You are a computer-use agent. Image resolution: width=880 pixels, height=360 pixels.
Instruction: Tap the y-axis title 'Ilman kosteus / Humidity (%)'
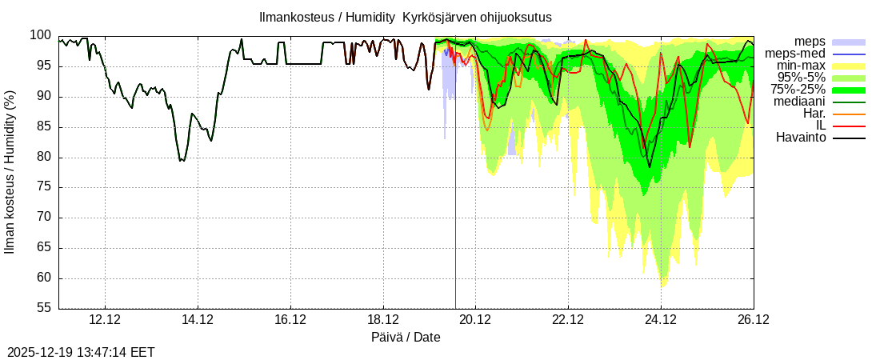click(10, 172)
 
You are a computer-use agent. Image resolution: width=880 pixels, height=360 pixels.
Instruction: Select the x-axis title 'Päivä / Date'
click(406, 337)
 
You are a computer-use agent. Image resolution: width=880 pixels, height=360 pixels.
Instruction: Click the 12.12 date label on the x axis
click(106, 320)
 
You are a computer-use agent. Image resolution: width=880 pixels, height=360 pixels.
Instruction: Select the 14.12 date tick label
click(198, 320)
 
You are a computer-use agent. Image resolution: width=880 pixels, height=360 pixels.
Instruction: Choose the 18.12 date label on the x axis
click(383, 320)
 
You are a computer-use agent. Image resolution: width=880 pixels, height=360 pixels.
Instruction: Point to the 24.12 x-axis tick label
click(661, 320)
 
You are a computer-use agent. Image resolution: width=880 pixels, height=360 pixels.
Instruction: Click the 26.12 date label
click(753, 320)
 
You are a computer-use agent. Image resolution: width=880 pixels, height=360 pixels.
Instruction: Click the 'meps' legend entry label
click(810, 42)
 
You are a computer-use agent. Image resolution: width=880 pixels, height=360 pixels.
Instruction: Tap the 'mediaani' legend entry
click(800, 102)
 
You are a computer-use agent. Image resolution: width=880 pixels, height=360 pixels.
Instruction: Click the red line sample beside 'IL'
click(849, 126)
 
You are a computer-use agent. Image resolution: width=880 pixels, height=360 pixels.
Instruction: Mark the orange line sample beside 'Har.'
click(849, 114)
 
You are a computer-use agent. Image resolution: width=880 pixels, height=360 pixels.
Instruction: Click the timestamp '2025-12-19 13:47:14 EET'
click(81, 352)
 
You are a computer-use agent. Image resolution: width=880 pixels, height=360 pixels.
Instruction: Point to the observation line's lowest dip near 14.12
click(182, 161)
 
